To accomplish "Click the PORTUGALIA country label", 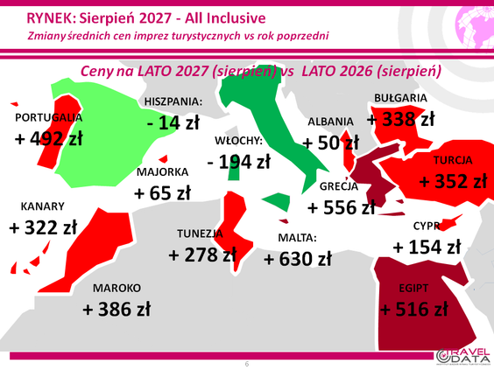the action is [48, 118].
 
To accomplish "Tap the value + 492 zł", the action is [48, 138].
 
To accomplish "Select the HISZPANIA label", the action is [173, 101].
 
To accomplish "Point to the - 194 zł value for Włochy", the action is [239, 162].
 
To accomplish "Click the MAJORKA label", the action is [163, 172].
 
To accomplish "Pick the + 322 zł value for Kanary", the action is [43, 227].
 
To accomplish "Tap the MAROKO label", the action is [116, 288].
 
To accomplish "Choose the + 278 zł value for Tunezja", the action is [202, 255].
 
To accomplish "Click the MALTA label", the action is [297, 238].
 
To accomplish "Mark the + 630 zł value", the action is [298, 259].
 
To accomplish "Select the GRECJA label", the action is [339, 186].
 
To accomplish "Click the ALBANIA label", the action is [330, 122].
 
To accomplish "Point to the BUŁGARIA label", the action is [400, 98].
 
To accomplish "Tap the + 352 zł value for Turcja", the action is [453, 182].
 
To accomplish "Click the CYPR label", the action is [427, 226].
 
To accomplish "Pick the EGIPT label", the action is [413, 288].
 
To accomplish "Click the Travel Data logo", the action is [463, 356].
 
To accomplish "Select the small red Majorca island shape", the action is [164, 159].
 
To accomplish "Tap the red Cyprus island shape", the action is [451, 222].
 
